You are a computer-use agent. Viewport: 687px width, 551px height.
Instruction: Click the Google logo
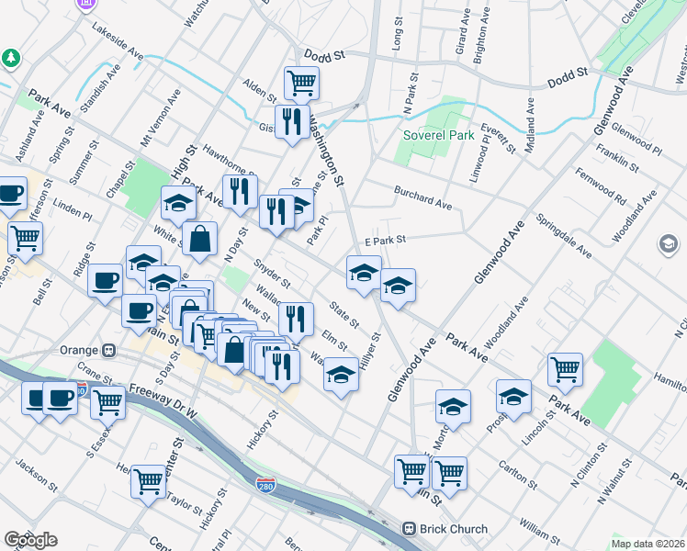point(30,540)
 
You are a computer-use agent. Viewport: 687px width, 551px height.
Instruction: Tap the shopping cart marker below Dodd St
point(301,84)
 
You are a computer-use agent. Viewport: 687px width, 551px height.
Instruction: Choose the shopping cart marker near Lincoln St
point(566,370)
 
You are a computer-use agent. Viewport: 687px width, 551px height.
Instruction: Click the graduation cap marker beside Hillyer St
point(341,376)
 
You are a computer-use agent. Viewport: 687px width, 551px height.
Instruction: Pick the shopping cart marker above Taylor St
point(148,481)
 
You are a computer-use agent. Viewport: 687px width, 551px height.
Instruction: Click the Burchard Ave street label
point(422,196)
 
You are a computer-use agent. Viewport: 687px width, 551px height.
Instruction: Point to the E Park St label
point(385,239)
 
